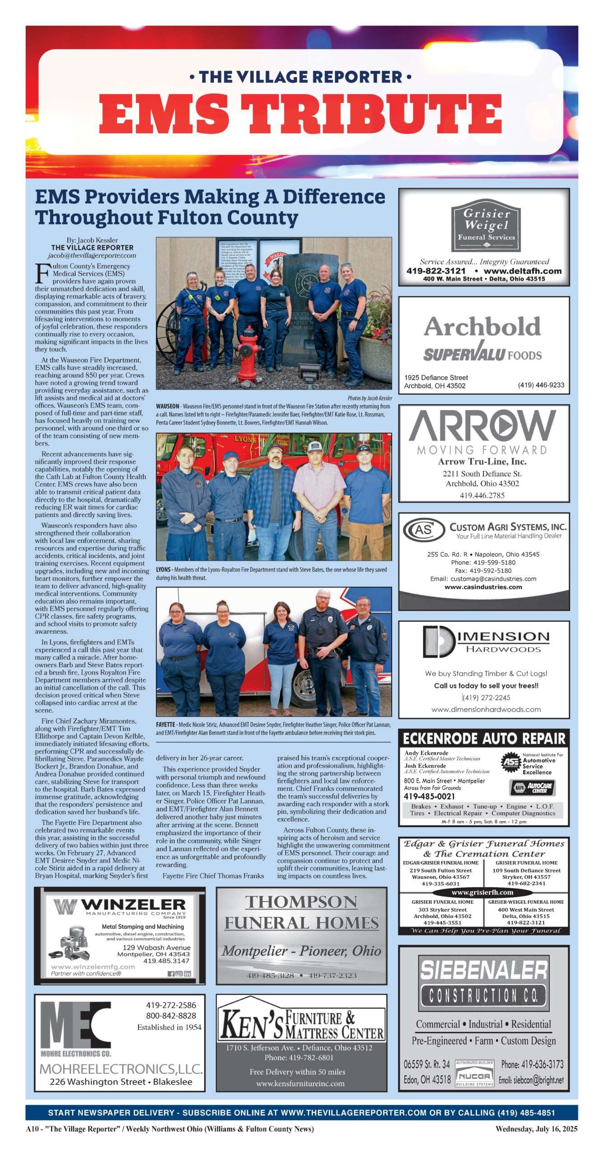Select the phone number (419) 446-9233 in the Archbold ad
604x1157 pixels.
(x=541, y=385)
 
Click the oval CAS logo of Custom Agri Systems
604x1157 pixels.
(x=424, y=529)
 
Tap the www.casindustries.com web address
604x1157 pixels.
(x=483, y=587)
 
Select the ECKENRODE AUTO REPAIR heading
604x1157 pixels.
(x=484, y=739)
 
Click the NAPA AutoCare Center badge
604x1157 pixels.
(x=532, y=787)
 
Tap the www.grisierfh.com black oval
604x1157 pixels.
(x=482, y=892)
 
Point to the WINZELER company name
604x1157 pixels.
(x=133, y=904)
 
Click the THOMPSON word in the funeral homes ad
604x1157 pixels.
(x=301, y=903)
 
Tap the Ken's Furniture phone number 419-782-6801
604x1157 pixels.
(x=299, y=1058)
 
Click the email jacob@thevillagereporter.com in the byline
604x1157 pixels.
(x=92, y=255)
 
